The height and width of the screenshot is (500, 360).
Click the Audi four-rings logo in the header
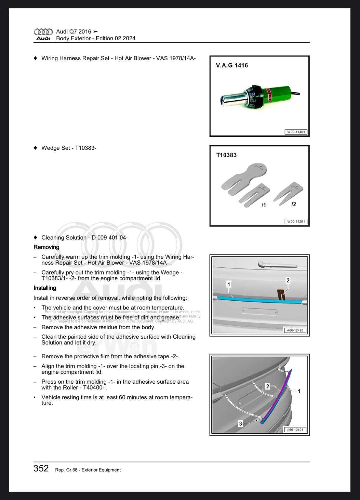point(43,32)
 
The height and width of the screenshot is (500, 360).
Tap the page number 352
point(41,468)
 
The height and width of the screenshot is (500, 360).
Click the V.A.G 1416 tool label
point(232,65)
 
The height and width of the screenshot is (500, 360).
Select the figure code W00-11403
point(296,132)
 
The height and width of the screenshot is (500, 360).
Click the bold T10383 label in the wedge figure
point(226,155)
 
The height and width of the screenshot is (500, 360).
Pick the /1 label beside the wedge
point(264,205)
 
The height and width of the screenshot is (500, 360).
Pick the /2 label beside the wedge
point(294,204)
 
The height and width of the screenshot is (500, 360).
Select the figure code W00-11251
point(296,222)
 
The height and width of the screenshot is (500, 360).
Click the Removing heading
point(46,247)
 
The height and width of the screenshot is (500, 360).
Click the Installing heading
point(45,288)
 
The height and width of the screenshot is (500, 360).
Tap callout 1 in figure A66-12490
point(229,284)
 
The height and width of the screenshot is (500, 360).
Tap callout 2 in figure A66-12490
point(288,280)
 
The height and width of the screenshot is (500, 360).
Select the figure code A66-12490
point(295,330)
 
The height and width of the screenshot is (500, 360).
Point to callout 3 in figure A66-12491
point(241,424)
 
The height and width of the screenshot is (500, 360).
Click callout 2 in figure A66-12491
point(267,386)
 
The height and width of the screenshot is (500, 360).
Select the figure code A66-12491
point(295,430)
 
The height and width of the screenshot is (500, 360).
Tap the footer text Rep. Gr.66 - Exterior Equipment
point(88,470)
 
